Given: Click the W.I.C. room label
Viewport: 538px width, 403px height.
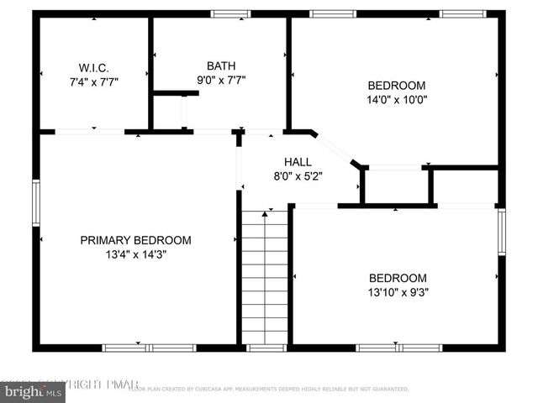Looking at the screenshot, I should [x=93, y=66].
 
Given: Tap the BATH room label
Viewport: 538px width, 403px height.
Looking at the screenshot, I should [x=221, y=65].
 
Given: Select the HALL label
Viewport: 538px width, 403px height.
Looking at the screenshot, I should [x=298, y=162].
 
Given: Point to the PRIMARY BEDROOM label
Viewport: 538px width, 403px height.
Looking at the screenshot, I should [x=135, y=240].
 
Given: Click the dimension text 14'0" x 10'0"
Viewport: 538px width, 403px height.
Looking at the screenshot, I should [x=397, y=100].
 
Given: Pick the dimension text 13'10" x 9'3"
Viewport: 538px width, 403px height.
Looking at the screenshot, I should [x=397, y=293].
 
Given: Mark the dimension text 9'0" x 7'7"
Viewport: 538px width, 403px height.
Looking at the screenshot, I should [x=221, y=81].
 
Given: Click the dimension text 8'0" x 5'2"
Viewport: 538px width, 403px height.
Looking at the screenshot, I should [x=298, y=176].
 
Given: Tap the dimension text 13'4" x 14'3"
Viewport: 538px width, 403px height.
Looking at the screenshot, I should [x=135, y=255].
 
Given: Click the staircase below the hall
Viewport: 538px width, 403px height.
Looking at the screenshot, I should [x=266, y=277].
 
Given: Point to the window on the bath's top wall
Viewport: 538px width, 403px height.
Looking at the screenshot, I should [x=230, y=13].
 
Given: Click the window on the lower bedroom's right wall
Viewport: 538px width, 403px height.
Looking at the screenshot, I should [x=501, y=232].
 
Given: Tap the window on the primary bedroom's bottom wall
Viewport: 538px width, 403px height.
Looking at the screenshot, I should [x=149, y=347].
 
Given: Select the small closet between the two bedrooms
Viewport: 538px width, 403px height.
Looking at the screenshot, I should [x=396, y=186].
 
